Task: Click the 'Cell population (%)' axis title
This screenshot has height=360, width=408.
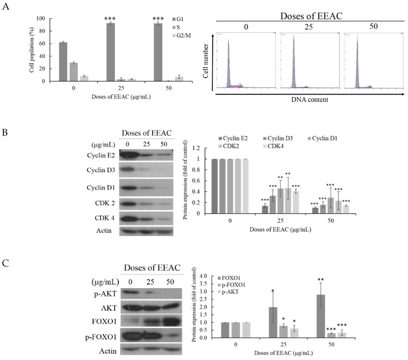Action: tap(32, 50)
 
